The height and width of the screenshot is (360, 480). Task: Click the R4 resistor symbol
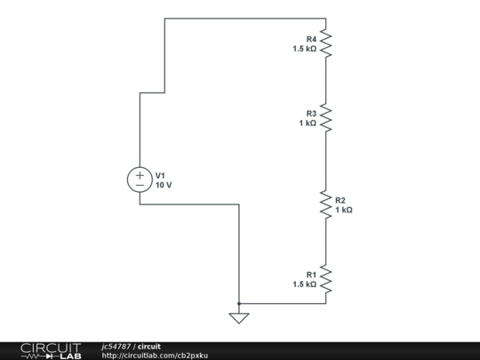tap(326, 43)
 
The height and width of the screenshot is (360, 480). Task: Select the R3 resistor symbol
tap(326, 117)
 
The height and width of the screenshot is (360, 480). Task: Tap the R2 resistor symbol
tap(326, 204)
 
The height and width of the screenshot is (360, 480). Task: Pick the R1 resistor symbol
tap(326, 279)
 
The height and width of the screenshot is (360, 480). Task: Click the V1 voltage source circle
tap(140, 180)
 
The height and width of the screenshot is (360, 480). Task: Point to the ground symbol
tap(238, 316)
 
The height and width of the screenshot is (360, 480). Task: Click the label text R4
tap(311, 39)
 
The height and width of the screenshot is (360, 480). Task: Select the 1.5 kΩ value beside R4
tap(304, 49)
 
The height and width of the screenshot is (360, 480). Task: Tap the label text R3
tap(311, 114)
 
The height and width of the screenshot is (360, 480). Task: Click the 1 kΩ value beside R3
tap(308, 124)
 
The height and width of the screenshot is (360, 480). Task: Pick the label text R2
tap(340, 200)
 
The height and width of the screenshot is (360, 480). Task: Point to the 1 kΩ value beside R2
tap(344, 210)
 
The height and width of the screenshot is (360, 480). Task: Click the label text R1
tap(311, 275)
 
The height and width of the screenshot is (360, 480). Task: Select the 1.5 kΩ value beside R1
tap(304, 284)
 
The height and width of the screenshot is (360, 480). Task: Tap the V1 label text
tap(161, 175)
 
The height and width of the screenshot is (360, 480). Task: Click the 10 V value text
tap(164, 185)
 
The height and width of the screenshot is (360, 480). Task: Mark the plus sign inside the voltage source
tap(140, 174)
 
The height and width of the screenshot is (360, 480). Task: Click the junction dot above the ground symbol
tap(238, 303)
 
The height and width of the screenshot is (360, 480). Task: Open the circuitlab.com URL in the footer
tap(156, 356)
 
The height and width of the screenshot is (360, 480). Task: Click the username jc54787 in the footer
tap(116, 346)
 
